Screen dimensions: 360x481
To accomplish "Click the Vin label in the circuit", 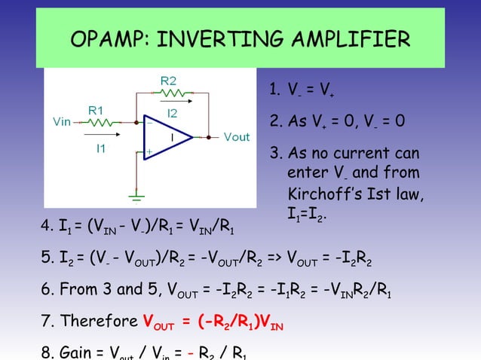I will (63, 121).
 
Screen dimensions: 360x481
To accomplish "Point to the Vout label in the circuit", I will (237, 137).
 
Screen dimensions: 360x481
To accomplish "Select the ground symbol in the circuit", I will (136, 197).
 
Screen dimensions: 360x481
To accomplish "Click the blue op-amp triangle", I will (166, 138).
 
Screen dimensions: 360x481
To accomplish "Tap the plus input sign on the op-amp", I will (149, 152).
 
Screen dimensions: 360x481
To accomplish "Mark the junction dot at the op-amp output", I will (199, 137).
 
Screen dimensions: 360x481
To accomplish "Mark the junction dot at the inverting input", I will (136, 121).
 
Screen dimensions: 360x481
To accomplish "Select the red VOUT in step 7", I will (158, 322).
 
